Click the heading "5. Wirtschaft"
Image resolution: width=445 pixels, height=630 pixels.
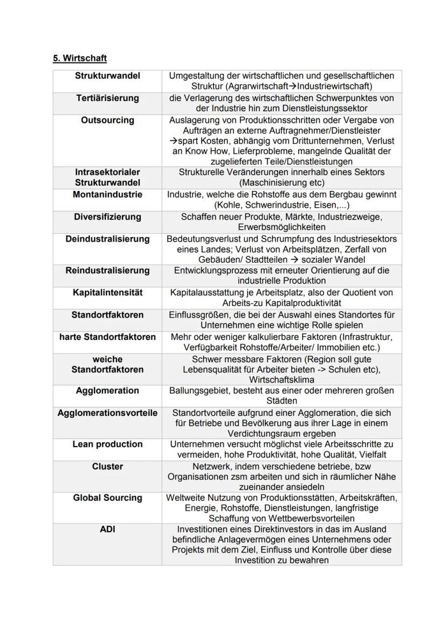[x=80, y=58]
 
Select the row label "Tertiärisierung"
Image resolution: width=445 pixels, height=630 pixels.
[x=107, y=98]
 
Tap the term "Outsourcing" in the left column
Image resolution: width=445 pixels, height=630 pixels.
[x=107, y=120]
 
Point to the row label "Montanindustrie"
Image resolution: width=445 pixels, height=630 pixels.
[x=107, y=194]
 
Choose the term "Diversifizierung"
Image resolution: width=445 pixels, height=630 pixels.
[x=107, y=217]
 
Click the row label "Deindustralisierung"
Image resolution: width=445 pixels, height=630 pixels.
[x=107, y=239]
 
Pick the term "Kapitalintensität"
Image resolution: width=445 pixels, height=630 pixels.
[x=107, y=293]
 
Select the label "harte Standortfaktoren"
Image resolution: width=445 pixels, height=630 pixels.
[x=107, y=337]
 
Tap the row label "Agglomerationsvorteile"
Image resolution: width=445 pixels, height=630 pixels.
[x=107, y=413]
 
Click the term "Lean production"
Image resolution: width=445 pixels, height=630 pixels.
[x=107, y=444]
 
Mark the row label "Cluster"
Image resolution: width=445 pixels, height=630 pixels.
[x=107, y=466]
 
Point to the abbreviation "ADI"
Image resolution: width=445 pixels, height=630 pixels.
[x=107, y=529]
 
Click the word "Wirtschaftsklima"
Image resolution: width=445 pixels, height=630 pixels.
[x=282, y=380]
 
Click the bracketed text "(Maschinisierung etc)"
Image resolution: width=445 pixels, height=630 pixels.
[x=282, y=182]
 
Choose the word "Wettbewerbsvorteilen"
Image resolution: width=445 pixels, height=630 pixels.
[x=308, y=518]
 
